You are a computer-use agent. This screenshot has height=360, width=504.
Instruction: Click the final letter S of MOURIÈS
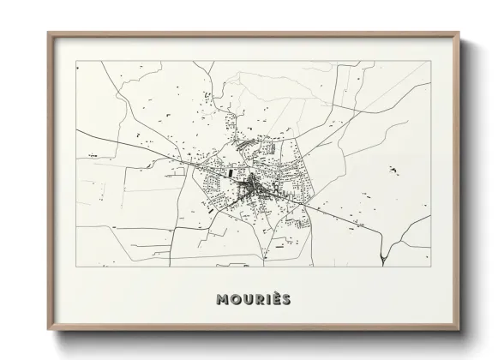coord(286,299)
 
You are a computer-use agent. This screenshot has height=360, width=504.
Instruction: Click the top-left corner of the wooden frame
coord(48,33)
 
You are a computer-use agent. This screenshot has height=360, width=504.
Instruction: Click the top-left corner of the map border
coord(75,61)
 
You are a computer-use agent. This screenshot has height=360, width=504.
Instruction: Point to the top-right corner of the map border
coord(429,61)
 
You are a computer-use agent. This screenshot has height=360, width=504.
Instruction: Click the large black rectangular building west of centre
coord(230,172)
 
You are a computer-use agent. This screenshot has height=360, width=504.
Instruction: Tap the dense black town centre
coord(254,185)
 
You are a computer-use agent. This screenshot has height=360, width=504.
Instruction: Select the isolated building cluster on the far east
coord(393,171)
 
